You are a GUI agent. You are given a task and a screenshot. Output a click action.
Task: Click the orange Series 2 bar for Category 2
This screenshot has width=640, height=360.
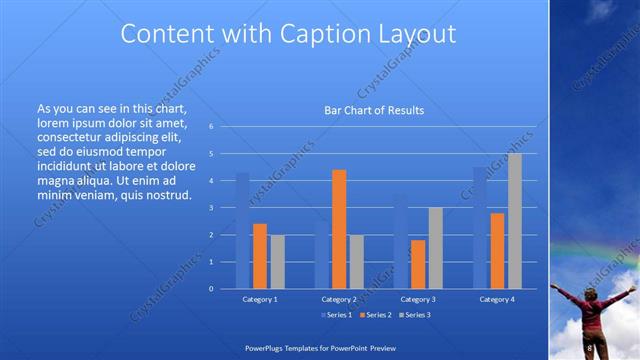click(339, 229)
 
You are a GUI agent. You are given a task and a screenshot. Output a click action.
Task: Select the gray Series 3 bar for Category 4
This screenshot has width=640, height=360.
click(515, 221)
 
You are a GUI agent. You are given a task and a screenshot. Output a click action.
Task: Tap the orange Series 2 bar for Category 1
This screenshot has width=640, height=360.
click(260, 256)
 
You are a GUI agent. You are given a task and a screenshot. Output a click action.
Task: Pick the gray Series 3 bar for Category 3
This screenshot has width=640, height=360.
click(435, 248)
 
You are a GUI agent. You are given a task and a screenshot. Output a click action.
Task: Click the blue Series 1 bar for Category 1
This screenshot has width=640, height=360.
click(242, 231)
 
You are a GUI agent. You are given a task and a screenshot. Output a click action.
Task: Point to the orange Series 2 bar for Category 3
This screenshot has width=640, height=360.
click(418, 264)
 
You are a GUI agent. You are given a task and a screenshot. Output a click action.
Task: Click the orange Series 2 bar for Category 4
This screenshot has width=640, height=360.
click(497, 251)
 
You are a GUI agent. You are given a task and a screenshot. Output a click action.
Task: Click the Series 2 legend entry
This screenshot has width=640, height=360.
click(374, 315)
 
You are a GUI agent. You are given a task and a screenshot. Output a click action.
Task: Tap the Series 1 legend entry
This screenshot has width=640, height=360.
click(335, 315)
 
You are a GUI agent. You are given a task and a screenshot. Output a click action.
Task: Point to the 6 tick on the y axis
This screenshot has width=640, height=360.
click(211, 127)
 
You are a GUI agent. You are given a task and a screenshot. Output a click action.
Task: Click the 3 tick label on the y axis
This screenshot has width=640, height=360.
click(211, 208)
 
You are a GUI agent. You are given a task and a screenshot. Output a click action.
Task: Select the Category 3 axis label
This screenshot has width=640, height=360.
click(418, 299)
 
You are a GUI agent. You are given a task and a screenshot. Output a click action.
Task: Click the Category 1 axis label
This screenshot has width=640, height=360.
click(260, 299)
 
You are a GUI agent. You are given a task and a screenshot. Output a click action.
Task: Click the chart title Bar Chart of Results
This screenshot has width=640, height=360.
click(374, 110)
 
